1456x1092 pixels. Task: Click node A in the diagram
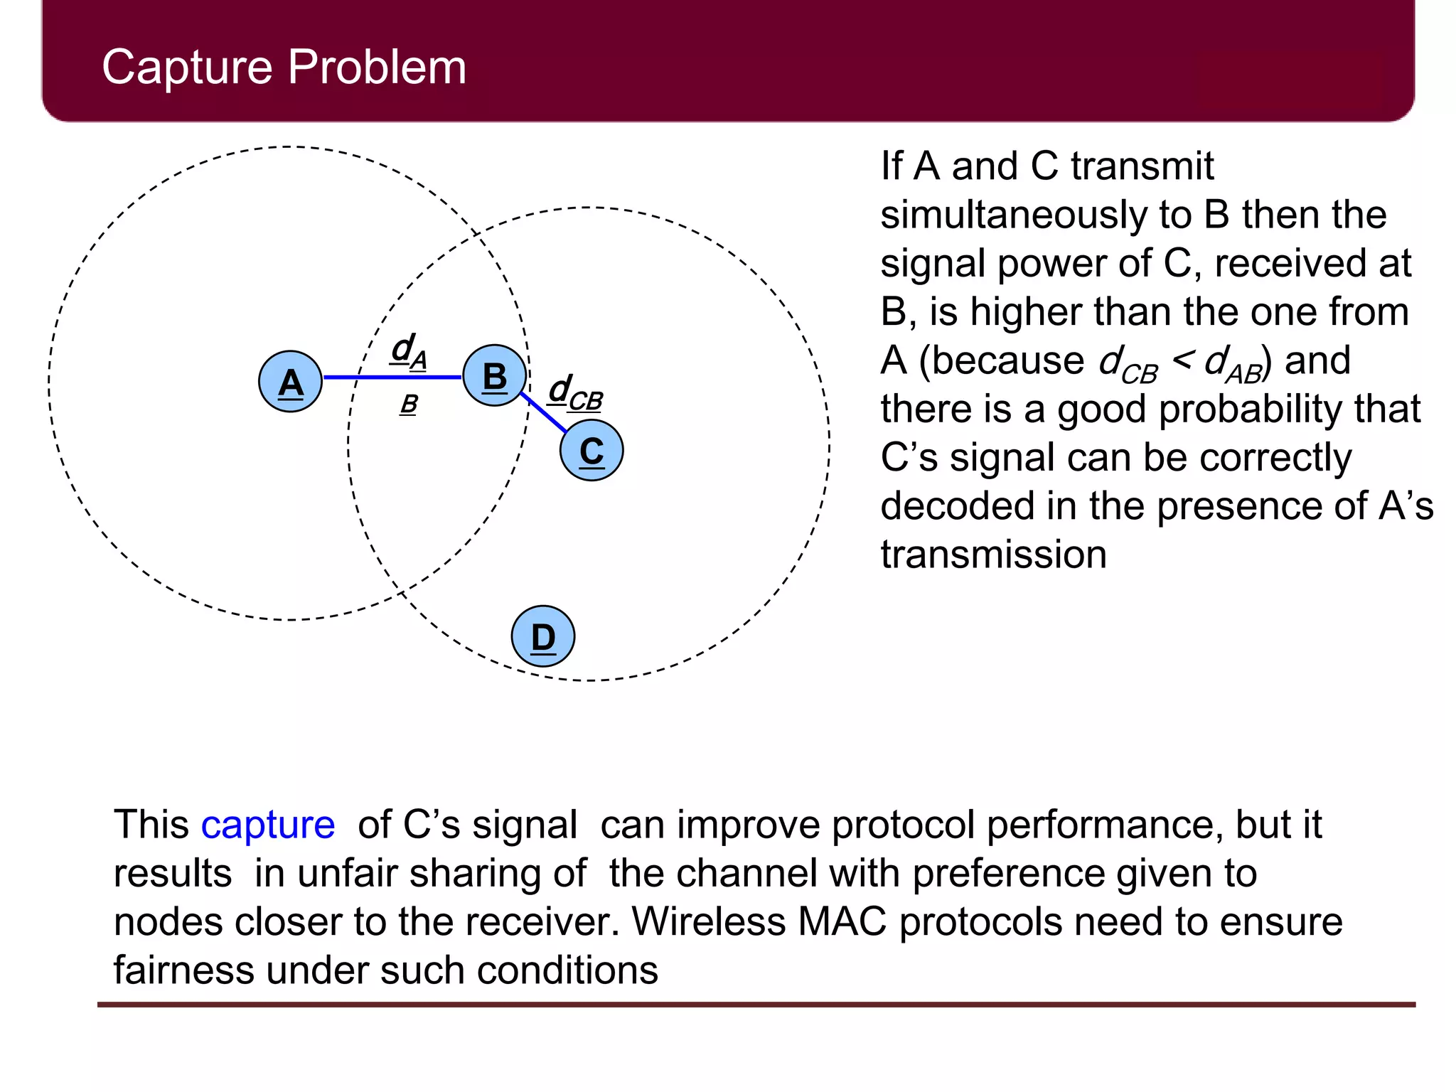(x=290, y=382)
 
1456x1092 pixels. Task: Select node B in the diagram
(x=494, y=375)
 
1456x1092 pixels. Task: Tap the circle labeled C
(x=591, y=450)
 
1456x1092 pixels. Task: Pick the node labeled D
(x=542, y=636)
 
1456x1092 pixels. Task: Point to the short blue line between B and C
(x=544, y=412)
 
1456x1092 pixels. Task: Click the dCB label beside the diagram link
(x=576, y=393)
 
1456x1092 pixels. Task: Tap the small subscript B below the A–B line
(x=409, y=405)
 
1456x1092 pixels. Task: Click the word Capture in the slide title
(x=188, y=68)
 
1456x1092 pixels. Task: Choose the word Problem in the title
(x=377, y=68)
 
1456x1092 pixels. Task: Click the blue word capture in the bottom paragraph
(x=267, y=825)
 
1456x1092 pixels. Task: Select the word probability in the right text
(x=1254, y=409)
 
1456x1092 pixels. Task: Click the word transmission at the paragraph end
(x=993, y=555)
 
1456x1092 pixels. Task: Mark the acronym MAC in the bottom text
(x=842, y=921)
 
